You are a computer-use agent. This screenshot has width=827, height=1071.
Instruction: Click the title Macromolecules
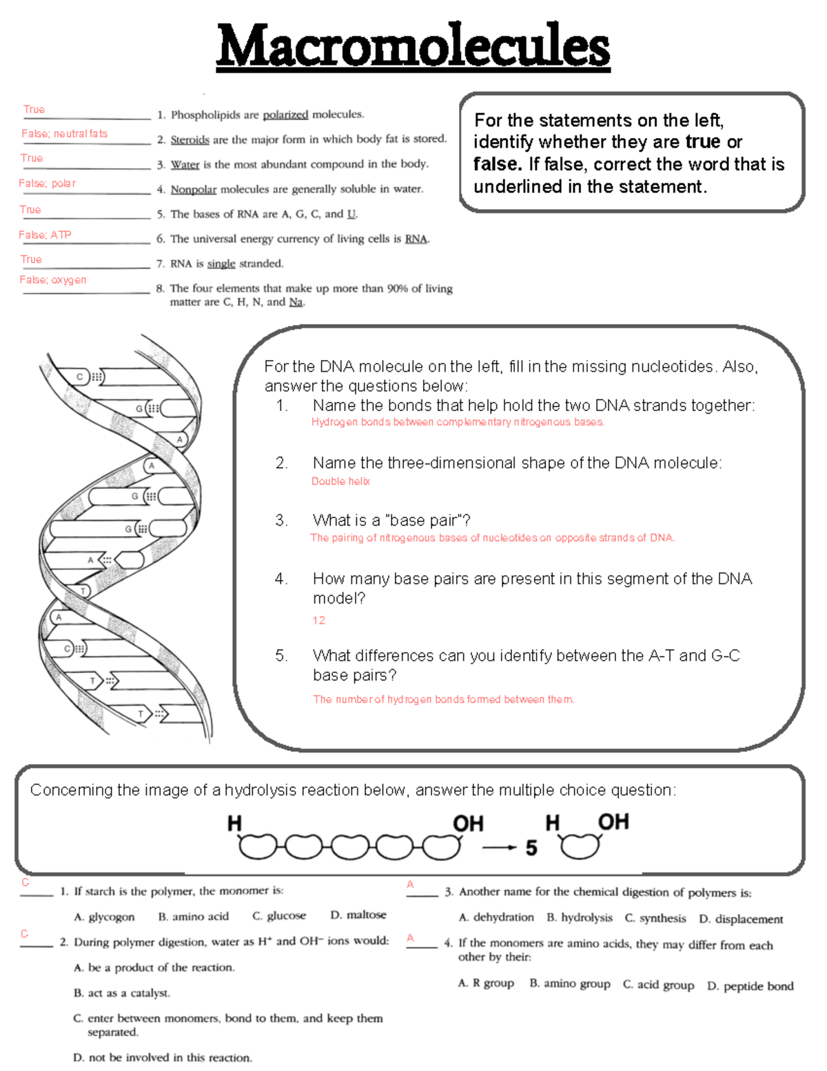(413, 47)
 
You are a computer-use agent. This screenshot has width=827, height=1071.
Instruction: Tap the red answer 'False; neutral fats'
(64, 134)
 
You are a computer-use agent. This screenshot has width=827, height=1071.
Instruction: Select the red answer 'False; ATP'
(45, 235)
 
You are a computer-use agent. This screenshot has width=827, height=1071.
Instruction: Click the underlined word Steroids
(190, 140)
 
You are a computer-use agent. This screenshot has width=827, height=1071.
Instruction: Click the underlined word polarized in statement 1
(285, 115)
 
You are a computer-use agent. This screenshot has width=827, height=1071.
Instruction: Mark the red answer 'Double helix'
(340, 481)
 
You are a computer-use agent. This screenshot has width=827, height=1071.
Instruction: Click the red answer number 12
(318, 621)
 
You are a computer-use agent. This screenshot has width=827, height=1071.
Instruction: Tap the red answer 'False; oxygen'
(53, 280)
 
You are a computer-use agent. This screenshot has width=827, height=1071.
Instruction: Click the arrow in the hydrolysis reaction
(499, 848)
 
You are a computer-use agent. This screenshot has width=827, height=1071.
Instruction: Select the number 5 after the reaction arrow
(531, 848)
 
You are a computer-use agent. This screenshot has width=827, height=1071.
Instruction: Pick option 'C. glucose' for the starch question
(279, 916)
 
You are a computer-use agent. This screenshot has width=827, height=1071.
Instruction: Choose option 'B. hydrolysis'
(580, 918)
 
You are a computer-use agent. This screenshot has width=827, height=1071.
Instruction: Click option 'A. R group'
(486, 983)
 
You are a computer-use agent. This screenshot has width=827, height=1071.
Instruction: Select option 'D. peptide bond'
(750, 986)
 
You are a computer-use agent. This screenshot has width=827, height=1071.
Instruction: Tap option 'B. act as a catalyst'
(122, 993)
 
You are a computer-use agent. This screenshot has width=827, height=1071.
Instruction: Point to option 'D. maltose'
(358, 915)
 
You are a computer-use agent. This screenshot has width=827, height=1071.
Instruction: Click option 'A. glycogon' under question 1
(104, 917)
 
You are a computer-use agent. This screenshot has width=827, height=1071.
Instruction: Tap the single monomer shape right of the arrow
(580, 846)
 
